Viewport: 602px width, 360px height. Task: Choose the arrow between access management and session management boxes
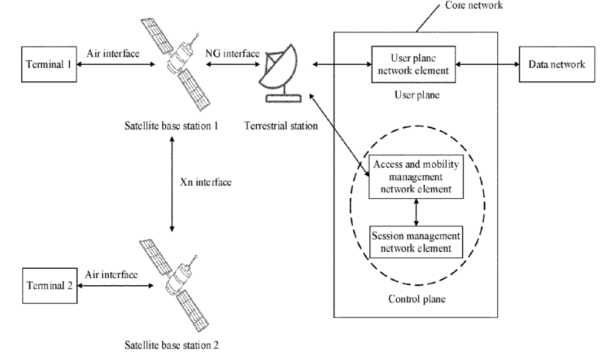416,209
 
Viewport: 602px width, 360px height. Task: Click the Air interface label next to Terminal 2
112,275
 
